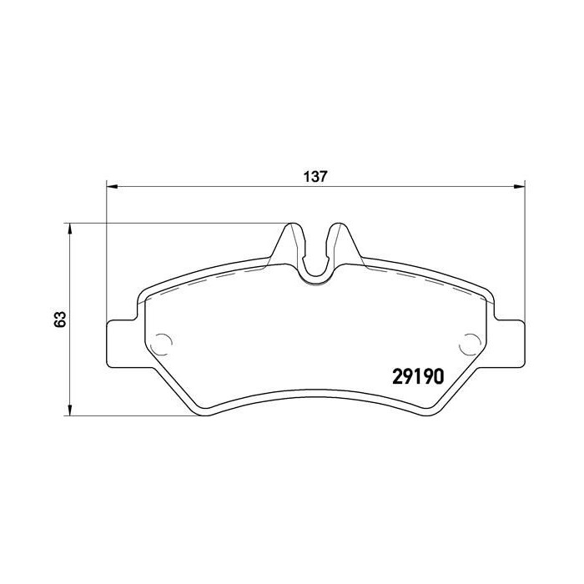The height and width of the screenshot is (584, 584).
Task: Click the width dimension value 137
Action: [313, 177]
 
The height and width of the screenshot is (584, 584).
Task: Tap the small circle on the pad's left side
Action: [164, 340]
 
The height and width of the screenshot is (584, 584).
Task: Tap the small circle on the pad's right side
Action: [470, 340]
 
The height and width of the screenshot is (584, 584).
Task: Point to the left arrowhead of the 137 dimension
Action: [111, 184]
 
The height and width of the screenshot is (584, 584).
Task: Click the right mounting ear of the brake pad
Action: [509, 342]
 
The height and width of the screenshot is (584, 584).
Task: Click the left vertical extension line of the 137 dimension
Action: [106, 250]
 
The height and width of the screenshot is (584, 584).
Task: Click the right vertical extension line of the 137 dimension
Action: [523, 250]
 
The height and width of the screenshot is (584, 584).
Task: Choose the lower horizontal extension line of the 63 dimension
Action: [133, 415]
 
